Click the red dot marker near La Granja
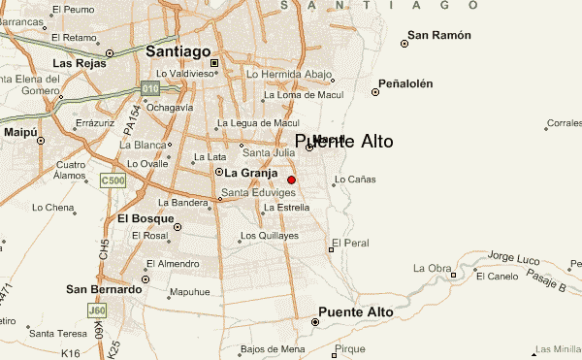(x=291, y=180)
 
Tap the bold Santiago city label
(x=178, y=50)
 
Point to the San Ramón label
(x=439, y=36)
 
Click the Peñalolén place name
(x=405, y=83)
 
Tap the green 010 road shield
(x=149, y=88)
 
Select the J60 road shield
(x=96, y=311)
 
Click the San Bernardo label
(x=104, y=289)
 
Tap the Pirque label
(x=349, y=348)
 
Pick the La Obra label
(x=433, y=268)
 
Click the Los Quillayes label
(x=270, y=236)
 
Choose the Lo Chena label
(x=52, y=208)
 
